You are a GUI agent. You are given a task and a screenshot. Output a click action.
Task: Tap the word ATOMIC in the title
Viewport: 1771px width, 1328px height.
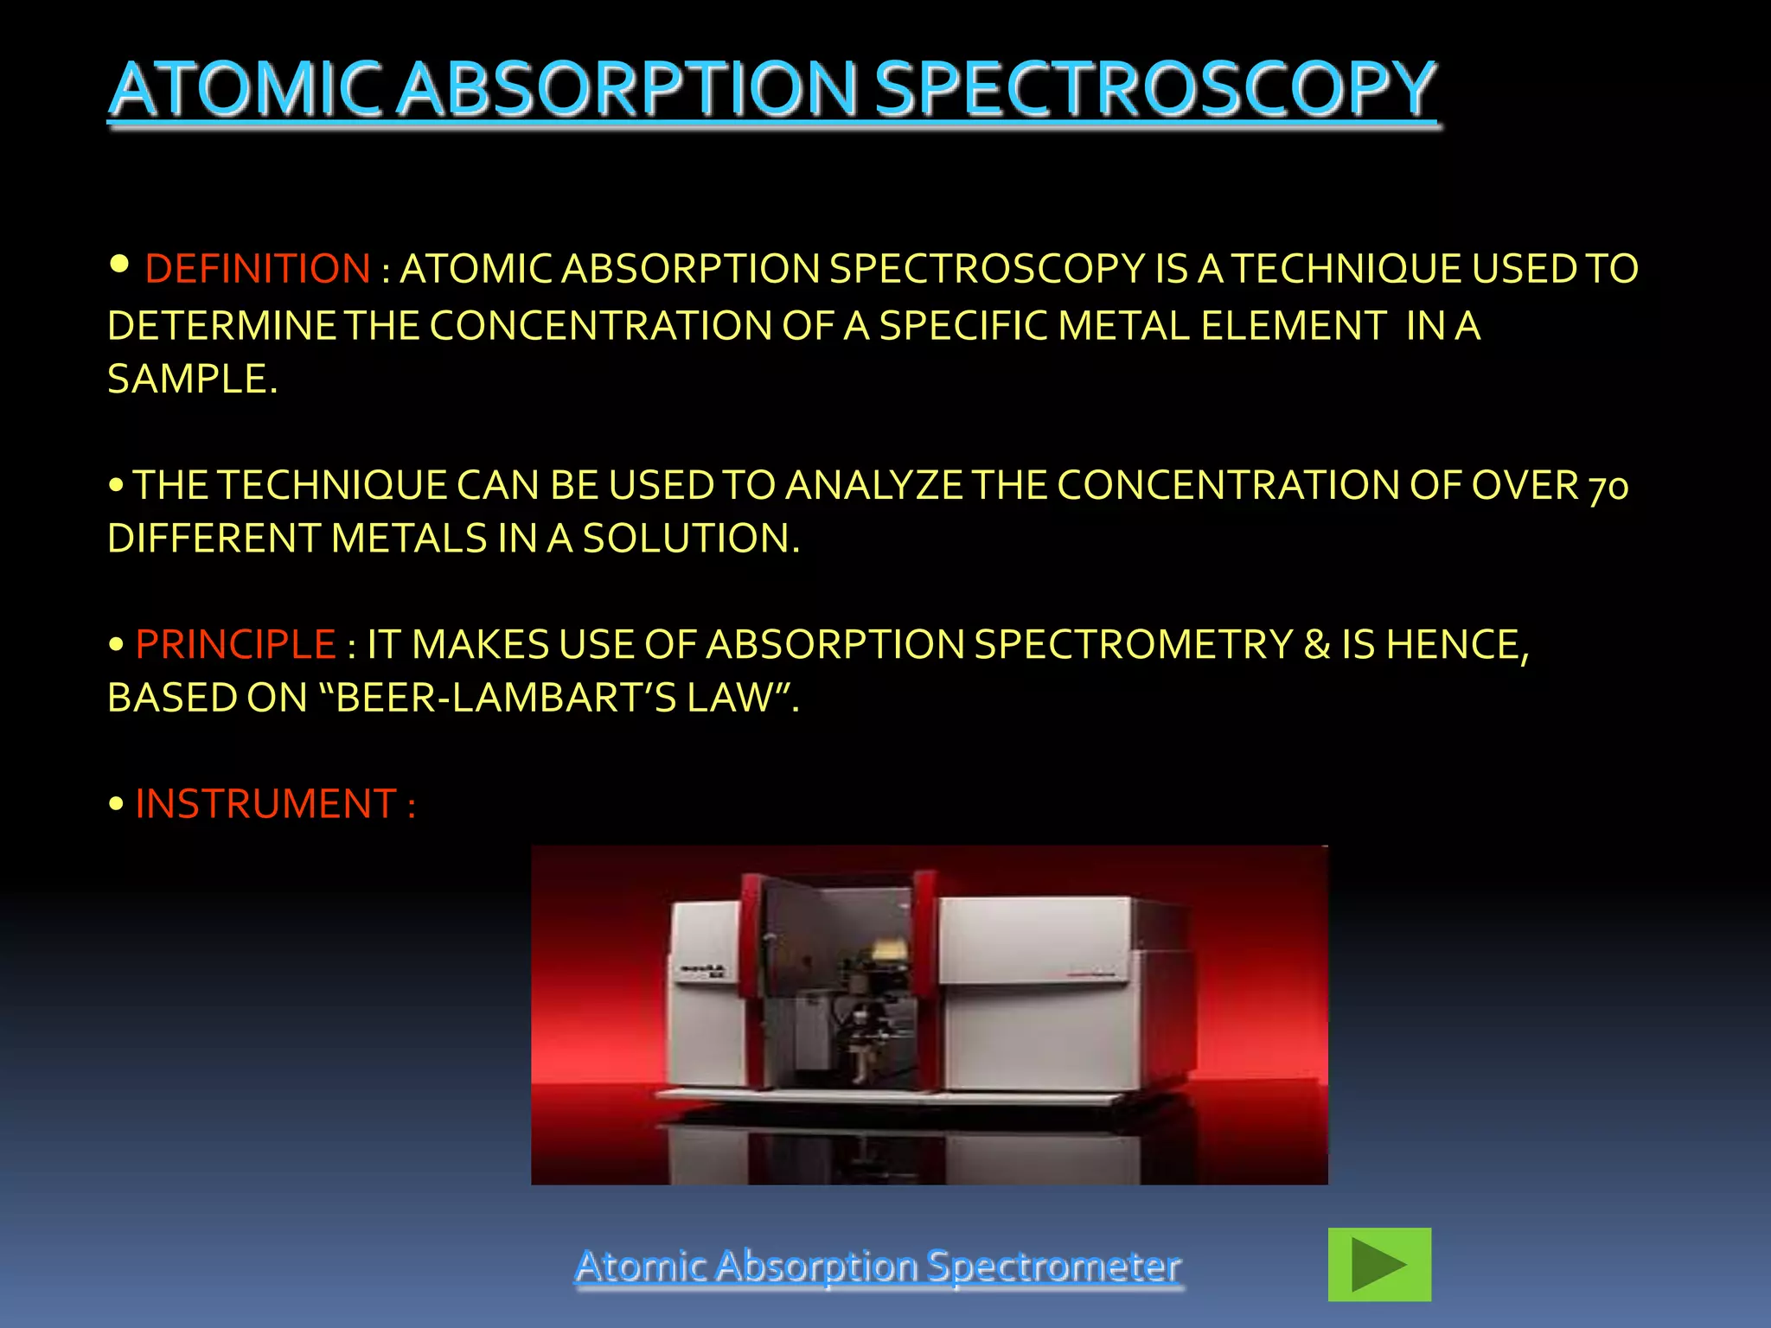tap(245, 89)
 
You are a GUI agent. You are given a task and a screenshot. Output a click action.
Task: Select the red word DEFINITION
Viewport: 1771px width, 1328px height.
tap(257, 269)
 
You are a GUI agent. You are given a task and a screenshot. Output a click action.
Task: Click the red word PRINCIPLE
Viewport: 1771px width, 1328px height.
tap(235, 645)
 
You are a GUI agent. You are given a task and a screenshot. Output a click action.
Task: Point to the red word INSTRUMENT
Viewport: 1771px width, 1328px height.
tap(265, 804)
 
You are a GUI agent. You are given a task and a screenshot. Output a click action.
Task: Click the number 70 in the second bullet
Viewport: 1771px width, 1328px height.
tap(1608, 487)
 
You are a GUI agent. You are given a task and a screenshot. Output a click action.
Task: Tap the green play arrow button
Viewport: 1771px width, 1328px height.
tap(1378, 1264)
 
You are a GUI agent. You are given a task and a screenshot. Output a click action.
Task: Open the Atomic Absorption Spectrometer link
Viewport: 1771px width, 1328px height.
tap(877, 1266)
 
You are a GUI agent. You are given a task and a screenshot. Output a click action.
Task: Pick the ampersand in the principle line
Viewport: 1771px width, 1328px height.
tap(1316, 645)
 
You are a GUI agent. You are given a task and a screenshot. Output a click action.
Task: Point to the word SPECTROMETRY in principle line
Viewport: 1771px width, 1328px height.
tap(1133, 645)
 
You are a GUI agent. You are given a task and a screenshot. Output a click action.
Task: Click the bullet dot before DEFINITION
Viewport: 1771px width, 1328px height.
tap(119, 264)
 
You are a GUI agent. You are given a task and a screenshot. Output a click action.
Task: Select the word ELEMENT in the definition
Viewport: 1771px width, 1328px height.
tap(1293, 326)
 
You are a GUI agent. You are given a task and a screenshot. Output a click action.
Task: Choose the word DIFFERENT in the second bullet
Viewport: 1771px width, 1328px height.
tap(214, 539)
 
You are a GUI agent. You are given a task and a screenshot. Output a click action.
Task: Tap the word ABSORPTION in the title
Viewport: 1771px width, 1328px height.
tap(627, 89)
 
